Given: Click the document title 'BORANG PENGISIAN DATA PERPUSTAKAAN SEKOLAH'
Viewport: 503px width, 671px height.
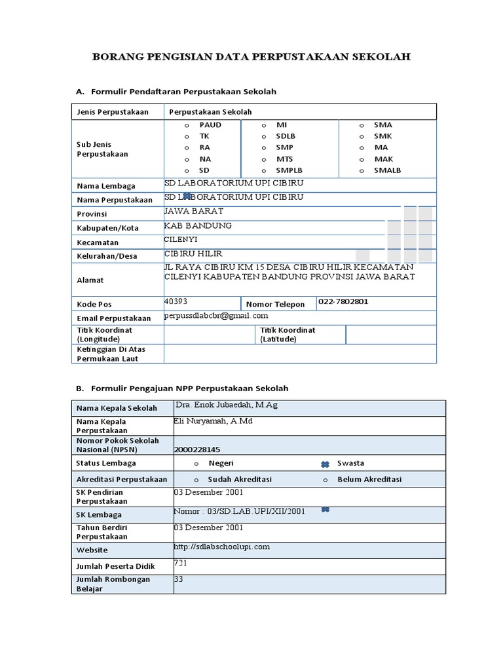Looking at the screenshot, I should (x=251, y=57).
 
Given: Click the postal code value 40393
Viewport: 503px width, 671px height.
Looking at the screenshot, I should (x=176, y=301).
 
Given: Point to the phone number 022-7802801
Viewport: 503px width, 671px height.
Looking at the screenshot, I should (x=343, y=301).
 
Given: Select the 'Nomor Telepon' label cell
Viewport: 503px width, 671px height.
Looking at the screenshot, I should (x=275, y=304).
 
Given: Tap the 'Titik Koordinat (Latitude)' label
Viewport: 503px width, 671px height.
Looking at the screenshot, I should (x=288, y=335).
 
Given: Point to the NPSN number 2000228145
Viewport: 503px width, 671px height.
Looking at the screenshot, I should (x=198, y=450).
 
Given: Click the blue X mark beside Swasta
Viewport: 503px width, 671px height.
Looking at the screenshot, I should (x=325, y=464).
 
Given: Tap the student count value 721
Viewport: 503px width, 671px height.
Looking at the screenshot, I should (x=180, y=563).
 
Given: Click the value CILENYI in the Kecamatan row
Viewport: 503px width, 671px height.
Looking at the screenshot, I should (x=181, y=240).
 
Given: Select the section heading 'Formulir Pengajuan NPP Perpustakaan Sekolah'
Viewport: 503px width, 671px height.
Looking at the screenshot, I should (x=189, y=389).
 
